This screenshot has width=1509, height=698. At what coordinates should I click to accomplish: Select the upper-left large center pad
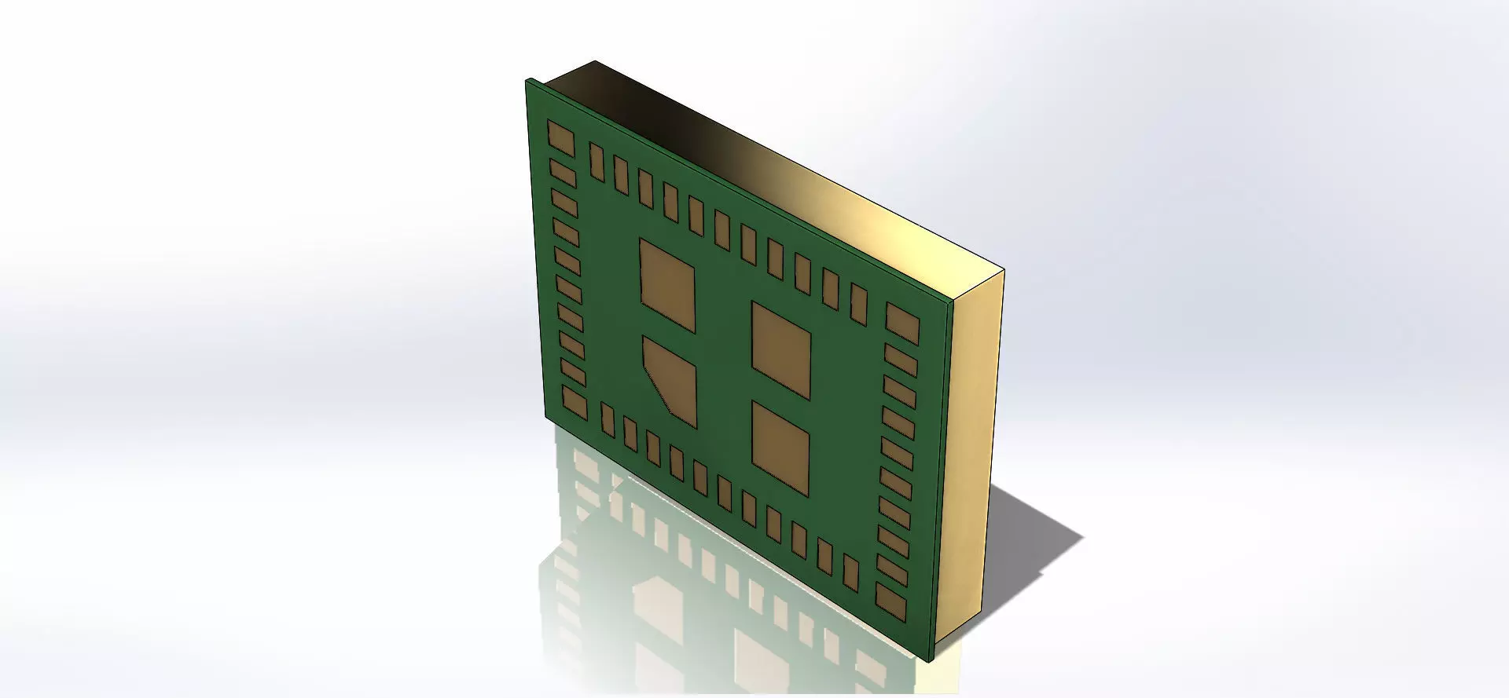click(667, 284)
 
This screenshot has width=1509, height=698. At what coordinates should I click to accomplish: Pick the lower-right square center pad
click(780, 448)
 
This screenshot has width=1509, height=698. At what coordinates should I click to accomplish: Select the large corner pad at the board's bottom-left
click(574, 402)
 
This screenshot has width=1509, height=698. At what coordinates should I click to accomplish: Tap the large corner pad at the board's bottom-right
click(892, 600)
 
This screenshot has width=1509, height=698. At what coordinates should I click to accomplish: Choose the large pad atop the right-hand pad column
click(902, 323)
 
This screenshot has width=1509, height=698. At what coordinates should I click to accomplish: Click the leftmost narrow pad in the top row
click(597, 159)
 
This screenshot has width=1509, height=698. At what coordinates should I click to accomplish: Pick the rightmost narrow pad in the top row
click(859, 305)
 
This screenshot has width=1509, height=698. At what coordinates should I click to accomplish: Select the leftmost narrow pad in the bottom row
click(607, 419)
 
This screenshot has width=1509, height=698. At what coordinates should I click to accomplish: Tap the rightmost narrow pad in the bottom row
click(850, 573)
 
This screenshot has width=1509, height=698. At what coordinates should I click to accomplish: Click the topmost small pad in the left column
click(563, 170)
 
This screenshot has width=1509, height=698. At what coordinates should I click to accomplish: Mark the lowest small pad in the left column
click(573, 372)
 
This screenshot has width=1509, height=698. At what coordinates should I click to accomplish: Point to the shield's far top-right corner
click(1004, 269)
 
